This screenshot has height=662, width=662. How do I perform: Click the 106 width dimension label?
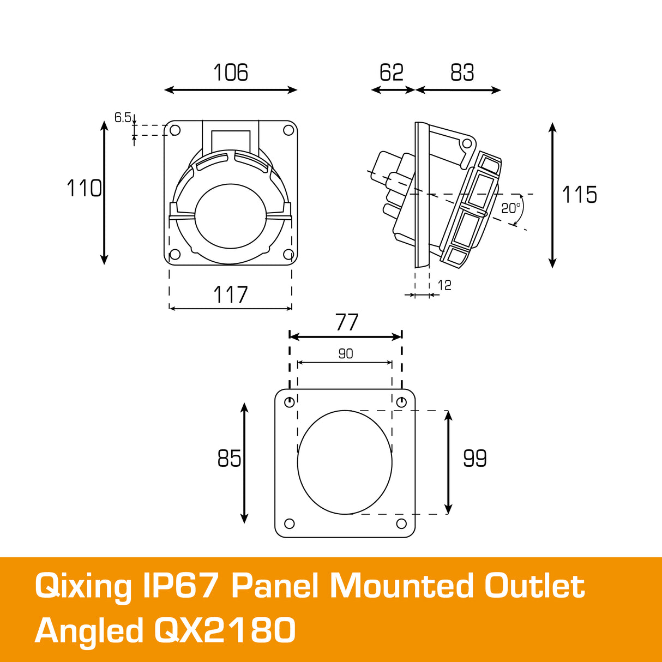(x=230, y=73)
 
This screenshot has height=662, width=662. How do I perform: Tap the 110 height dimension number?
(x=84, y=189)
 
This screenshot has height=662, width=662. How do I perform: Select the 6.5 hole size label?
(x=123, y=117)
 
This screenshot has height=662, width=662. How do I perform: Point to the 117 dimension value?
(x=230, y=295)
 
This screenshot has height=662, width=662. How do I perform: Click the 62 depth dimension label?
(x=391, y=73)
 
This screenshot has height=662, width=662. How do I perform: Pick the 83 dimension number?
(x=462, y=73)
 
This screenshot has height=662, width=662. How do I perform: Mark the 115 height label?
(x=579, y=195)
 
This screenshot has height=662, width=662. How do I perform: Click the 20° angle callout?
(x=511, y=208)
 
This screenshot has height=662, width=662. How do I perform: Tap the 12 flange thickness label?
(x=444, y=285)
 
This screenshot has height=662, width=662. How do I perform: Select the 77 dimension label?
(x=347, y=322)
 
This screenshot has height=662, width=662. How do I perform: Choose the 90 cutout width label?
(x=346, y=354)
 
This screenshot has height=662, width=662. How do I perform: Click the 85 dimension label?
(x=229, y=459)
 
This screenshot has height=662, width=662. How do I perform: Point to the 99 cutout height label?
(x=474, y=459)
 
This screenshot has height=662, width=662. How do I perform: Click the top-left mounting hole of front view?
(x=175, y=130)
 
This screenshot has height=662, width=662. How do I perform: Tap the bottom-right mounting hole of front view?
(x=288, y=254)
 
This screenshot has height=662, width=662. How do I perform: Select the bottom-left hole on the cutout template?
(x=290, y=523)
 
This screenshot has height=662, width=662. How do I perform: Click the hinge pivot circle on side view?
(x=466, y=143)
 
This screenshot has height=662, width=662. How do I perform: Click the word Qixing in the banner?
(x=83, y=587)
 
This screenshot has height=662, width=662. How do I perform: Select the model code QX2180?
(x=225, y=631)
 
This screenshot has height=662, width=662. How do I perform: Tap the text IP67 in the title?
(x=181, y=587)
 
